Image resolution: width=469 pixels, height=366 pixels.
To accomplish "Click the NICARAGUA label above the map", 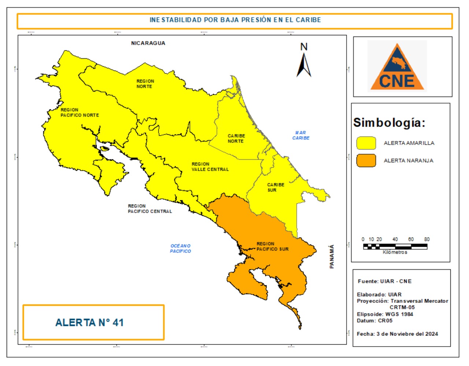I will [148, 43].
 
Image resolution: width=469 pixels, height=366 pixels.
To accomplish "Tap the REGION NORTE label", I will [145, 84].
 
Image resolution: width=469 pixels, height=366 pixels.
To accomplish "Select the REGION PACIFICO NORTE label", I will [80, 112].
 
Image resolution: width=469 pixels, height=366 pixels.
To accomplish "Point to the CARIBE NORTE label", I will [236, 138].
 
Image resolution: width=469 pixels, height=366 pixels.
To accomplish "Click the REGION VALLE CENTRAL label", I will [210, 167].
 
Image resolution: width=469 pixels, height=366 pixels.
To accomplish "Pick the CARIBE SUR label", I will [275, 187].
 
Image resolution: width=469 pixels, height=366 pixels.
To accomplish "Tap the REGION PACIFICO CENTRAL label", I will [149, 209].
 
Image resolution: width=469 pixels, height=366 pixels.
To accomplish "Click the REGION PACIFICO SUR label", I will [272, 246].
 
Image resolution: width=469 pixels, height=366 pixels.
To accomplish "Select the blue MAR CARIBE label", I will [300, 135].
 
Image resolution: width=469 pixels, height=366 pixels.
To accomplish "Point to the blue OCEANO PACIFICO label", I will [180, 249].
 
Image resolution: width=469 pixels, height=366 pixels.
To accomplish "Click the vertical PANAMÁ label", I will [332, 256].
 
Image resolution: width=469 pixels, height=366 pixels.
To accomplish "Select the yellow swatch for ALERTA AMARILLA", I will [366, 143].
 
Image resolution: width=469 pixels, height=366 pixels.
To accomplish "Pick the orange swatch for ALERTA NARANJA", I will [366, 161].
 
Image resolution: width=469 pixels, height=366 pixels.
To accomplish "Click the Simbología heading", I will [389, 123].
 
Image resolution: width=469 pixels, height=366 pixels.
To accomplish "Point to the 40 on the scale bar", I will [395, 239].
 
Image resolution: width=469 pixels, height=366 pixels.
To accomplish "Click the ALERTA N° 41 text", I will [89, 323].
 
